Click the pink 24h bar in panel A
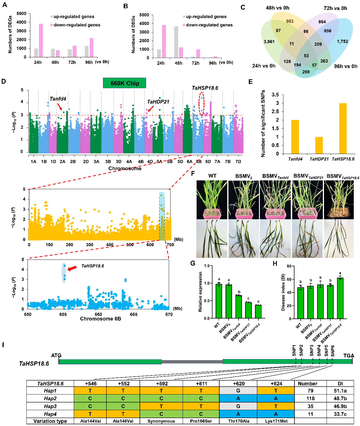coord(41,40)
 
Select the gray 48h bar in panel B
coord(176,42)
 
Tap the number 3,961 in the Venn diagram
coord(269,42)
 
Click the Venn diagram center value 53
coord(306,56)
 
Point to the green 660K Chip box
coord(125,83)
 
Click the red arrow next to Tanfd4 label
coord(60,107)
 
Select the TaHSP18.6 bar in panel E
coord(343,128)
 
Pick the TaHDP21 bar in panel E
coord(319,145)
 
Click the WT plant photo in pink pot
coord(212,199)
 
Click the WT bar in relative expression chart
coord(219,301)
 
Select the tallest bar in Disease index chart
coord(340,298)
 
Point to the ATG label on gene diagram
coord(56,355)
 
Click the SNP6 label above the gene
coord(333,351)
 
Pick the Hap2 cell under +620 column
coord(238,398)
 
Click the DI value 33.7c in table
coord(340,414)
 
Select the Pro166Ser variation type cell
coord(201,421)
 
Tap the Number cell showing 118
coord(311,398)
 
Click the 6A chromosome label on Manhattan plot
coord(190,161)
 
